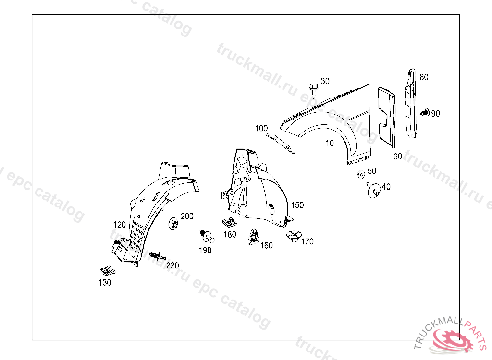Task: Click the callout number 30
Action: tap(325, 81)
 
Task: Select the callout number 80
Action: tap(423, 77)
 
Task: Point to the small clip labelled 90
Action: tap(425, 113)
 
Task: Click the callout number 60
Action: tap(397, 156)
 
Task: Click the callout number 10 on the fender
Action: tap(330, 143)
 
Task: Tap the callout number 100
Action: tap(261, 128)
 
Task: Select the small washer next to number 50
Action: tap(360, 174)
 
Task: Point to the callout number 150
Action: tap(297, 205)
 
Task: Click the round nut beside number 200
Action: tap(174, 223)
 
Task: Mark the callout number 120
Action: tap(120, 225)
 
